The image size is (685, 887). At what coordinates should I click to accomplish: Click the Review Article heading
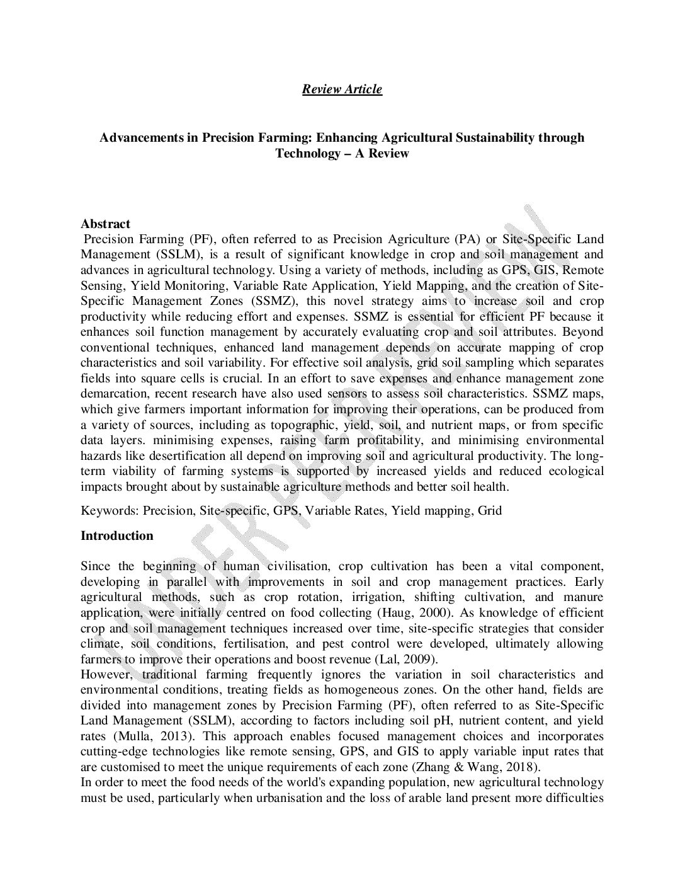[342, 89]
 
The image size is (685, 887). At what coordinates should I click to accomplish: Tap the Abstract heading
[105, 224]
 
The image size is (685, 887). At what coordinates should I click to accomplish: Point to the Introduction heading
[117, 536]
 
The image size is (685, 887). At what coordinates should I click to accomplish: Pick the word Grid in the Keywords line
[490, 510]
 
